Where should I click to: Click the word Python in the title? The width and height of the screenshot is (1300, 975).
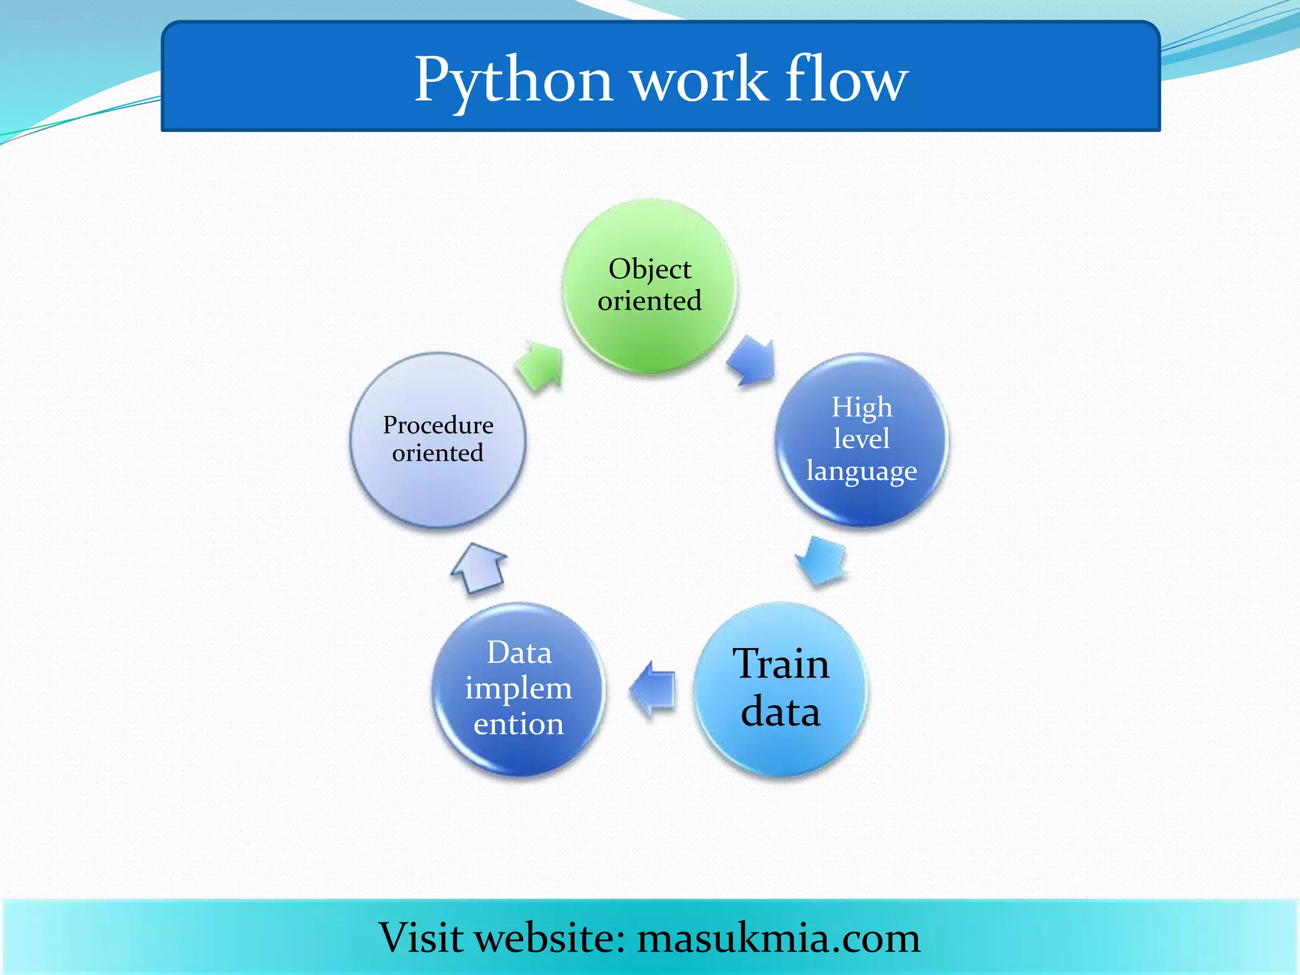click(513, 81)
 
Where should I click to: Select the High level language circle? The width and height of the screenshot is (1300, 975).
click(861, 439)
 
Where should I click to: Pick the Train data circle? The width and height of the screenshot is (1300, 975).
click(780, 689)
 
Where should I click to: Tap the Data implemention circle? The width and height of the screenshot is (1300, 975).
click(519, 689)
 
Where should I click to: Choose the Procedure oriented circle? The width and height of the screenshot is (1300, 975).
click(438, 439)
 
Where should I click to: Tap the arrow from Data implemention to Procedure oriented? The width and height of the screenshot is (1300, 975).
click(479, 567)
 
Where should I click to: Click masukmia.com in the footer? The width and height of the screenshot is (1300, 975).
click(778, 938)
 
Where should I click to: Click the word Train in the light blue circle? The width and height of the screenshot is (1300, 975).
click(781, 664)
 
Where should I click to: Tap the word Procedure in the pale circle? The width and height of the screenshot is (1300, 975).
click(438, 425)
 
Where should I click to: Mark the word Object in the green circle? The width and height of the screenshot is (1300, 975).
click(649, 269)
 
